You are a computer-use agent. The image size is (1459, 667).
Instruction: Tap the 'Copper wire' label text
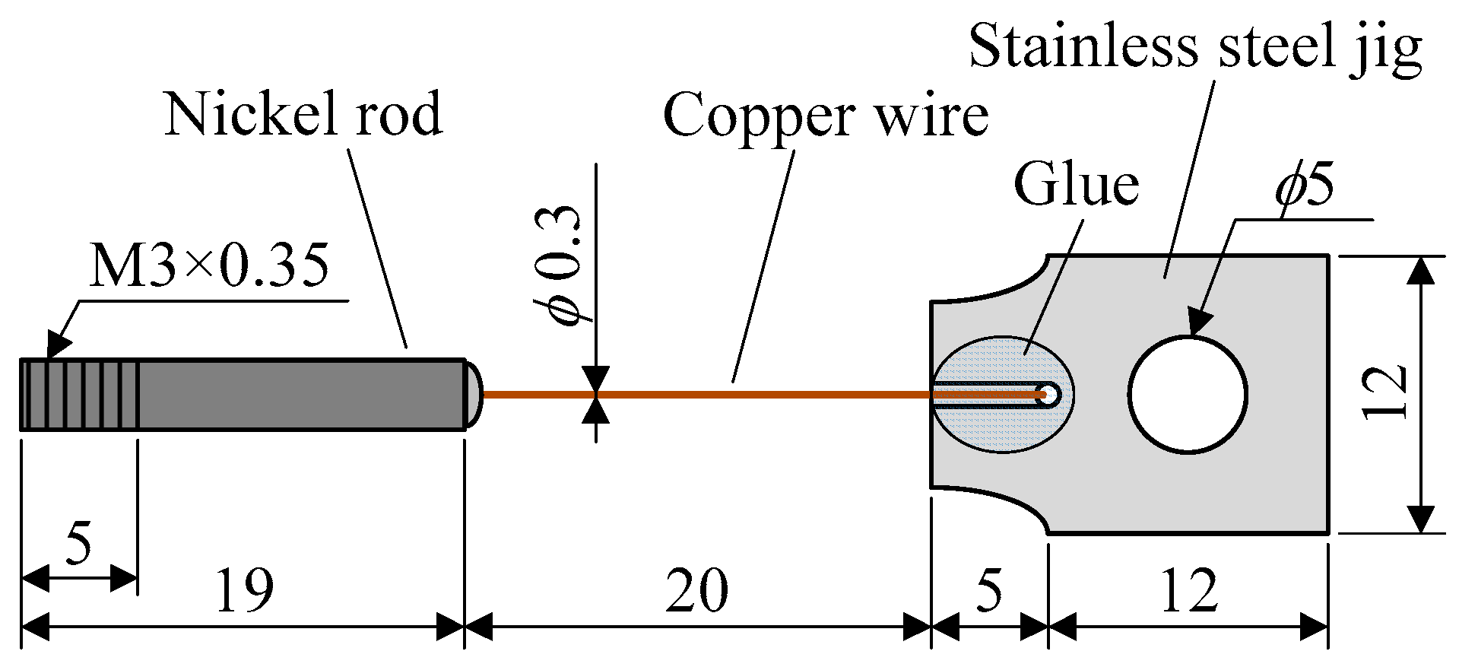(x=826, y=116)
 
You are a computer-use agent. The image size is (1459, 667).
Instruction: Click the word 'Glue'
(x=1077, y=185)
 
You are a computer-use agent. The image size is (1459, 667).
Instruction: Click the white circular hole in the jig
(x=1188, y=395)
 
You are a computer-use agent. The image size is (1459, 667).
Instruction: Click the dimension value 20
(x=696, y=592)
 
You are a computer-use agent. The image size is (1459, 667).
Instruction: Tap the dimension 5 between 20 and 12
(x=988, y=592)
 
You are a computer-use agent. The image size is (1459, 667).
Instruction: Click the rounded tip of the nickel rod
(x=473, y=395)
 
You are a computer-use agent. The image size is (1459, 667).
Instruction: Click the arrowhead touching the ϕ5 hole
(x=1197, y=323)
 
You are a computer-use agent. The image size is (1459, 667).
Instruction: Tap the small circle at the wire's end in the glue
(x=1049, y=394)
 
